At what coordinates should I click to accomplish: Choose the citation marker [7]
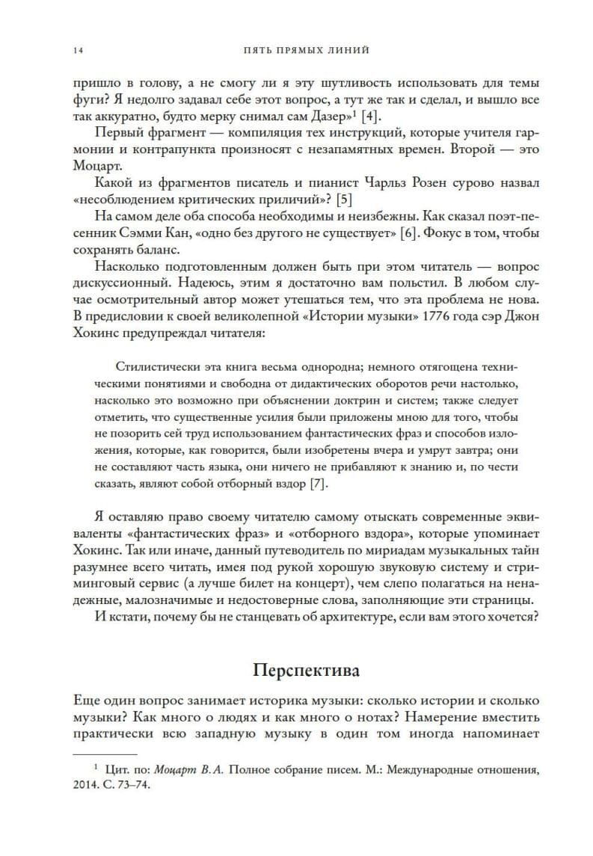pos(319,484)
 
